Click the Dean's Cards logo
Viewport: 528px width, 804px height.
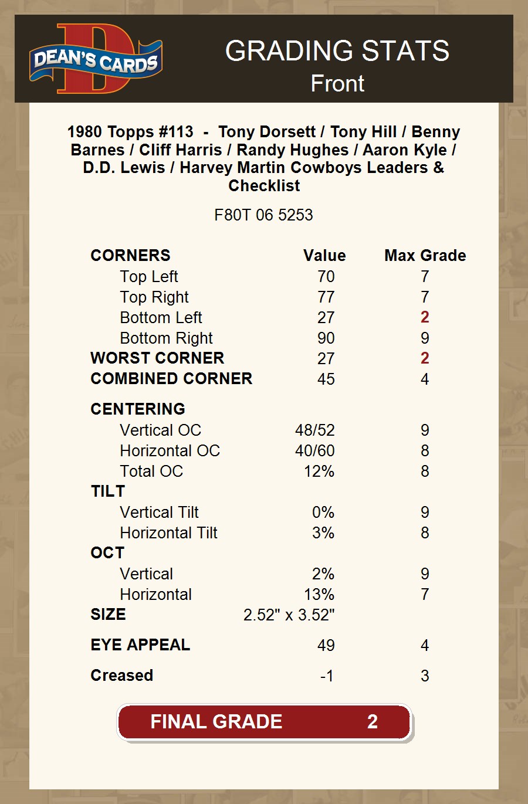[x=96, y=59]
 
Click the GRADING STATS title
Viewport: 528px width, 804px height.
[x=337, y=51]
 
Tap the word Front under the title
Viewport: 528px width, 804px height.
[x=337, y=83]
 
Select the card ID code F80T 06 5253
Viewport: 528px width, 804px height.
[x=263, y=215]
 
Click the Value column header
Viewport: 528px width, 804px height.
[x=324, y=256]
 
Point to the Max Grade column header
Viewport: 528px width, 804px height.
[x=425, y=256]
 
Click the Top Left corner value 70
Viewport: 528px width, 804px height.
[x=326, y=277]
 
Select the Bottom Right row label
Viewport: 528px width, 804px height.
[x=166, y=338]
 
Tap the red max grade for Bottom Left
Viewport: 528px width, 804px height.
[x=425, y=317]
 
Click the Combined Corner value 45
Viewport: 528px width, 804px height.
[x=326, y=379]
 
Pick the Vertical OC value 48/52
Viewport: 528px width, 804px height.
[x=315, y=430]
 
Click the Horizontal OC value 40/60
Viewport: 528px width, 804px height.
[x=315, y=451]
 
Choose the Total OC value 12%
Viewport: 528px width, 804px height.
[x=319, y=471]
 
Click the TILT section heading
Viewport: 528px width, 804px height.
[x=108, y=491]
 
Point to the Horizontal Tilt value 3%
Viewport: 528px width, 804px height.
[x=323, y=533]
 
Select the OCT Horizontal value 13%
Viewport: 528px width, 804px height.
[x=319, y=595]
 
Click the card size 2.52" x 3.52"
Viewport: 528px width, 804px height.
[x=289, y=615]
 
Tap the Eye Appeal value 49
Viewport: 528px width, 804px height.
[x=326, y=646]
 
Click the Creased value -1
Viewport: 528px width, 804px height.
[x=327, y=676]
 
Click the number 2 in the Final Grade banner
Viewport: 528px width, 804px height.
[x=373, y=722]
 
